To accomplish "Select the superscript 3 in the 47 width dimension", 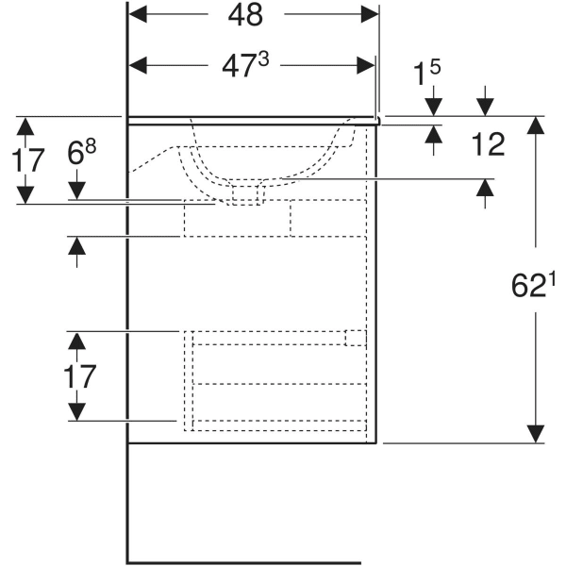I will click(x=263, y=58).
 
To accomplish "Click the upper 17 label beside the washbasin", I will click(x=28, y=160).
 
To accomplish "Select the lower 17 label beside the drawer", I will click(x=81, y=377).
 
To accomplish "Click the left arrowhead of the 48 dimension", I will click(x=136, y=15).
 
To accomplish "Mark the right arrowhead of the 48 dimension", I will click(x=371, y=15).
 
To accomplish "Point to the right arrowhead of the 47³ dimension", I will click(x=367, y=64).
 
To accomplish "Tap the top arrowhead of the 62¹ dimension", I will click(x=536, y=124).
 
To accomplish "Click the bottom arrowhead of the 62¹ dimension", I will click(x=536, y=434).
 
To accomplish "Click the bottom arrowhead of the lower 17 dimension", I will click(x=75, y=413).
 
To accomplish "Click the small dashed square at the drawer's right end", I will click(x=355, y=339).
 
